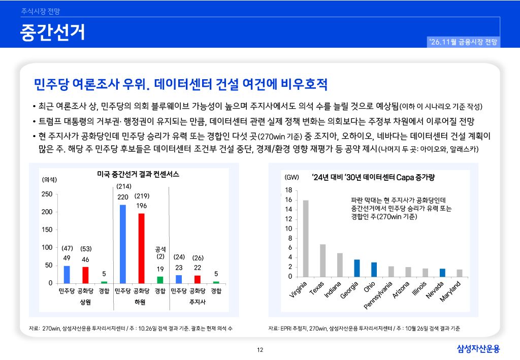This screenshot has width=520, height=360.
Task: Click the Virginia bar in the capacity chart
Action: tap(305, 238)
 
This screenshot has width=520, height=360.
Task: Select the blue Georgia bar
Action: tap(357, 268)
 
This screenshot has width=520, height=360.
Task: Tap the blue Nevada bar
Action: tap(442, 273)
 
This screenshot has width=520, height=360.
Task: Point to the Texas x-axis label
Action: tap(317, 288)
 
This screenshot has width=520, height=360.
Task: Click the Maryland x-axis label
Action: tap(450, 291)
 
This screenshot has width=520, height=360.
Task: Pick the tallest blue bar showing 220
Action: tap(123, 244)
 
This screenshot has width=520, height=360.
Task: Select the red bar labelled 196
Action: tap(141, 248)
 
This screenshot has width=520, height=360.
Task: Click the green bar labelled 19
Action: tap(160, 280)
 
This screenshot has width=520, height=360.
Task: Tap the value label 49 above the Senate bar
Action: tap(67, 258)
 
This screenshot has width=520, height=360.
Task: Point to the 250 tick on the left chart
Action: tap(47, 194)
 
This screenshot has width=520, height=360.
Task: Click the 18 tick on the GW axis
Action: tap(288, 190)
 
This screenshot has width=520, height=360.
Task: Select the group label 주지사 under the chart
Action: tap(198, 302)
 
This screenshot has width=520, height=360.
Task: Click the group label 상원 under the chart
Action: tap(85, 302)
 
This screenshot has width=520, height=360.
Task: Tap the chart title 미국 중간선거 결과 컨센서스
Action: tap(138, 174)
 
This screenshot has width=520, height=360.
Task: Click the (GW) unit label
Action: tap(291, 177)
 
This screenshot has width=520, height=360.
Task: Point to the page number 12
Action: tap(260, 350)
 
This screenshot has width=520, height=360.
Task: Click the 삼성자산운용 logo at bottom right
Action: tap(478, 349)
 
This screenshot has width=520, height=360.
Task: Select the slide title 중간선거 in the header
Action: tap(52, 32)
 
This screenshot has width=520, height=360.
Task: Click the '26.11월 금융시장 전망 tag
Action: tap(463, 42)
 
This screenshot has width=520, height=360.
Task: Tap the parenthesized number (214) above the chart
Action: tap(124, 186)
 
